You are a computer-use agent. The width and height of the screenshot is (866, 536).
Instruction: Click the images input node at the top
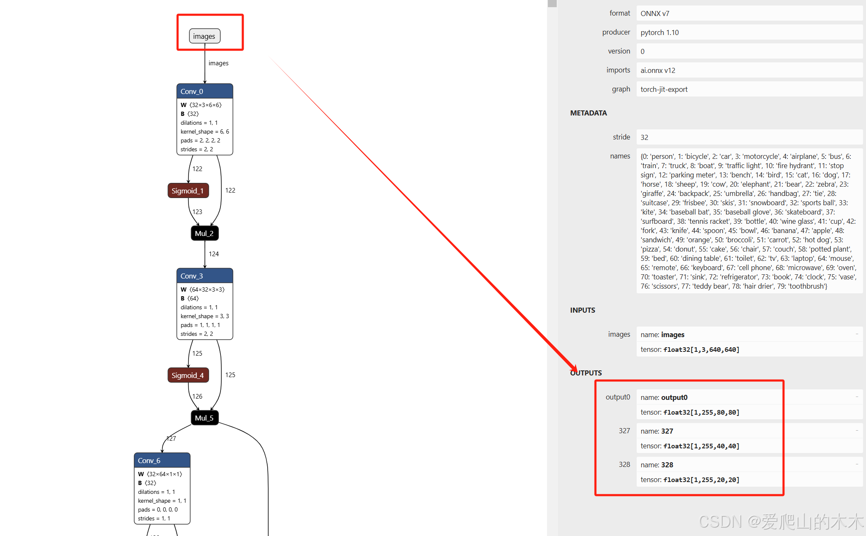(205, 36)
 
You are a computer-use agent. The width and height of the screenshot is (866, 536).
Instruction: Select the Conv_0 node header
(205, 91)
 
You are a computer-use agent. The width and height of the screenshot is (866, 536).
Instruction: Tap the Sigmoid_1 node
(188, 191)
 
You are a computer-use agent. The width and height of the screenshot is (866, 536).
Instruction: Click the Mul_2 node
(205, 233)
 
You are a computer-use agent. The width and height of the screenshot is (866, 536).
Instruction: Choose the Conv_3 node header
(205, 276)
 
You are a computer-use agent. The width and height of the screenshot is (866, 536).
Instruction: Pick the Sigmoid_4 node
(188, 375)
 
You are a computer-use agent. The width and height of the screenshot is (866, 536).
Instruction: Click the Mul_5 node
(205, 418)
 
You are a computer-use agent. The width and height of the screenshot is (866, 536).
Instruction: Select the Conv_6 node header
(162, 461)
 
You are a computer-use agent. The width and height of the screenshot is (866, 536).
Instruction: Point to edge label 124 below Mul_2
(214, 254)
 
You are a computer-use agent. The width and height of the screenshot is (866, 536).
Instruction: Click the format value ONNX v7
(655, 13)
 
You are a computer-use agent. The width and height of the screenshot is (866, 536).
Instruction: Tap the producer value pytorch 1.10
(659, 32)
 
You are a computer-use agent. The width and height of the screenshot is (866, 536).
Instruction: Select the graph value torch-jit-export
(664, 89)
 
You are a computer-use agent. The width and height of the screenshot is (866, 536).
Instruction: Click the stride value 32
(644, 137)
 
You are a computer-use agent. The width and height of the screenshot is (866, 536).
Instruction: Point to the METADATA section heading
(588, 113)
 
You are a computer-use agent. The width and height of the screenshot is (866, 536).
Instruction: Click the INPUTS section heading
(582, 310)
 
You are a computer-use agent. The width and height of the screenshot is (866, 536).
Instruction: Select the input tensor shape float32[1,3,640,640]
(701, 349)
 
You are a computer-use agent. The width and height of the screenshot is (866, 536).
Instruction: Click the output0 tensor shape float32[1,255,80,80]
(701, 412)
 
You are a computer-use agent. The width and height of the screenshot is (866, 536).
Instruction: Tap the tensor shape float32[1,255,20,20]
(701, 480)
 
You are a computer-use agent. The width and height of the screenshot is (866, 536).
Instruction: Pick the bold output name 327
(667, 431)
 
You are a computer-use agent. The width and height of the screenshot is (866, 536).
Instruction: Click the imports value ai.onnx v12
(658, 70)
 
